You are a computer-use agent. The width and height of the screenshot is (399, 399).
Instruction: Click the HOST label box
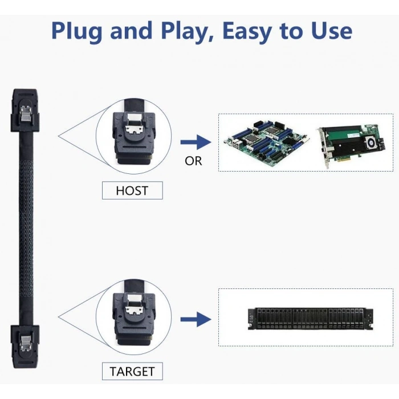point(132,190)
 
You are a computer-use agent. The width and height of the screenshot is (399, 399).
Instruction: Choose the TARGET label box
point(132,371)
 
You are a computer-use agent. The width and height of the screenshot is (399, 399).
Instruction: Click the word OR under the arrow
point(193,161)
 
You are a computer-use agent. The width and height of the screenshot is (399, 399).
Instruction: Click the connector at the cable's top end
point(25,111)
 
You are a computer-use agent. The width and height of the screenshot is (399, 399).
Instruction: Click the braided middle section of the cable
point(25,228)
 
